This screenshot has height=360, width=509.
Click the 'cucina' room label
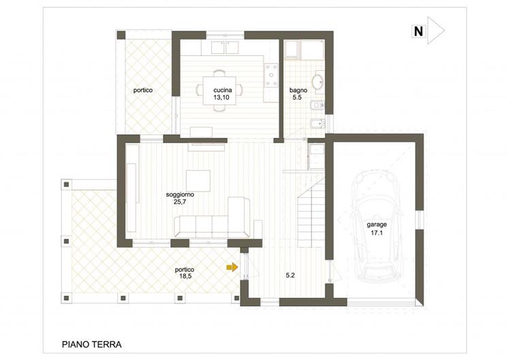pyautogui.click(x=222, y=90)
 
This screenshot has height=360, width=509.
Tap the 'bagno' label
pyautogui.click(x=298, y=90)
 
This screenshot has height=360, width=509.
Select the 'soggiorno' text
pyautogui.click(x=180, y=194)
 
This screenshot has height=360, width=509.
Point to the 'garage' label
pyautogui.click(x=377, y=224)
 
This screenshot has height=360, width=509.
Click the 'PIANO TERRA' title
pyautogui.click(x=92, y=344)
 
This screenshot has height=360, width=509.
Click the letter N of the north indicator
pyautogui.click(x=418, y=31)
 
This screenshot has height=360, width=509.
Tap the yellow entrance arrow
pyautogui.click(x=232, y=267)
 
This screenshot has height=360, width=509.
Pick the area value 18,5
pyautogui.click(x=185, y=277)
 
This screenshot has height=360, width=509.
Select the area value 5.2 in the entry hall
pyautogui.click(x=290, y=275)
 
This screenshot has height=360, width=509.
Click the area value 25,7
pyautogui.click(x=180, y=202)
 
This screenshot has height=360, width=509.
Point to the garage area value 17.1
pyautogui.click(x=377, y=232)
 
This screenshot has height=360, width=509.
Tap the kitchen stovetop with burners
pyautogui.click(x=271, y=76)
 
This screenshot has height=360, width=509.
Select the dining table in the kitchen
pyautogui.click(x=219, y=91)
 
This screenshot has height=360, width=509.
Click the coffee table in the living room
pyautogui.click(x=198, y=181)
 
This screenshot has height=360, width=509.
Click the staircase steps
pyautogui.click(x=311, y=217)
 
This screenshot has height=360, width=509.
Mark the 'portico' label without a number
pyautogui.click(x=143, y=90)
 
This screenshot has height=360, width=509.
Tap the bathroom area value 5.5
pyautogui.click(x=297, y=97)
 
